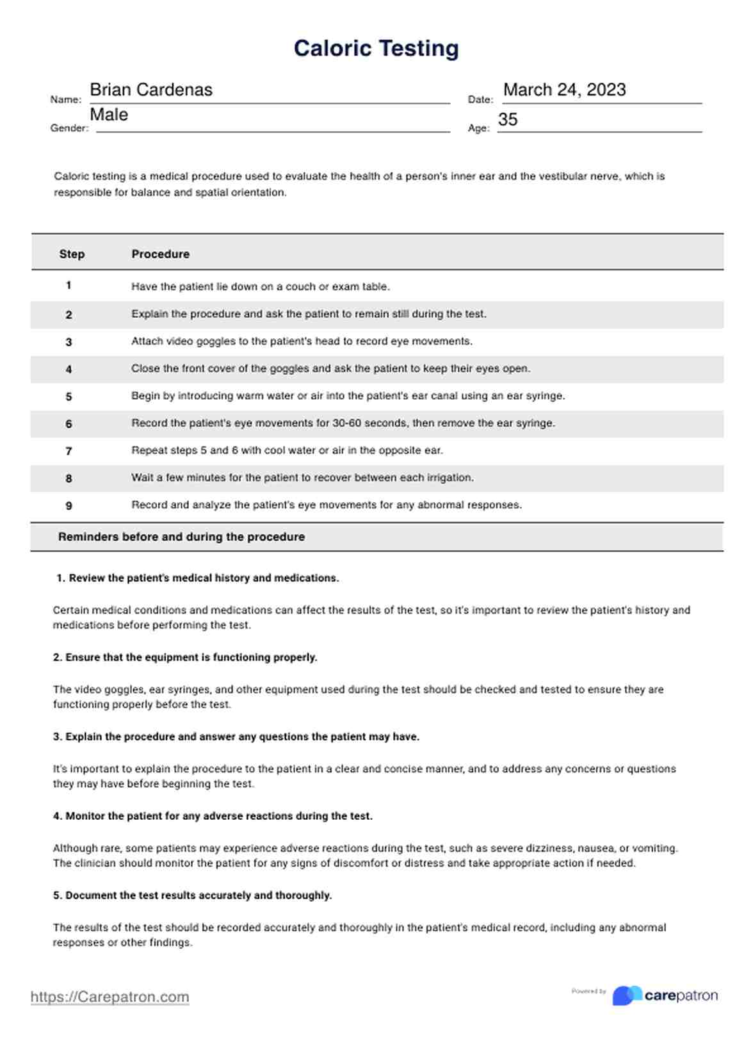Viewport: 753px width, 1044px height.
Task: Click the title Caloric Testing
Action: point(376,49)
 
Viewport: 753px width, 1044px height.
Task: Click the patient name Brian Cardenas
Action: point(151,90)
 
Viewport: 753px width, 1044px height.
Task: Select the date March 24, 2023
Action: point(564,90)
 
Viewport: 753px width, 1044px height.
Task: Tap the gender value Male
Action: point(109,115)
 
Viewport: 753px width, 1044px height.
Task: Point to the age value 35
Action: point(508,120)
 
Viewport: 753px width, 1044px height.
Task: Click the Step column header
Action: point(72,254)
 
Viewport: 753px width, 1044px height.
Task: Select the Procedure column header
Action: point(160,254)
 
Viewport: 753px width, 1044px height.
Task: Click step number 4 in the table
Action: point(69,370)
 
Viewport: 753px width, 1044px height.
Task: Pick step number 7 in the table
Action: point(69,452)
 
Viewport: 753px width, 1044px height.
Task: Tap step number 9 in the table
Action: point(69,506)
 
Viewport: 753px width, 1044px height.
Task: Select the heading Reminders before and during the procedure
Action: point(181,537)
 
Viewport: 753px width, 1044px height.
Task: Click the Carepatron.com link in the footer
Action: point(109,997)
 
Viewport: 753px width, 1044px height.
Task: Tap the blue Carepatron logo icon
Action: point(627,995)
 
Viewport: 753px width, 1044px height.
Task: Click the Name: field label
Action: point(65,100)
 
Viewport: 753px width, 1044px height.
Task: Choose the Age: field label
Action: point(478,128)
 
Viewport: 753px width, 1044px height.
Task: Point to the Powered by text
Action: point(588,991)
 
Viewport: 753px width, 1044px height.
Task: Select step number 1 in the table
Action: point(69,286)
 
